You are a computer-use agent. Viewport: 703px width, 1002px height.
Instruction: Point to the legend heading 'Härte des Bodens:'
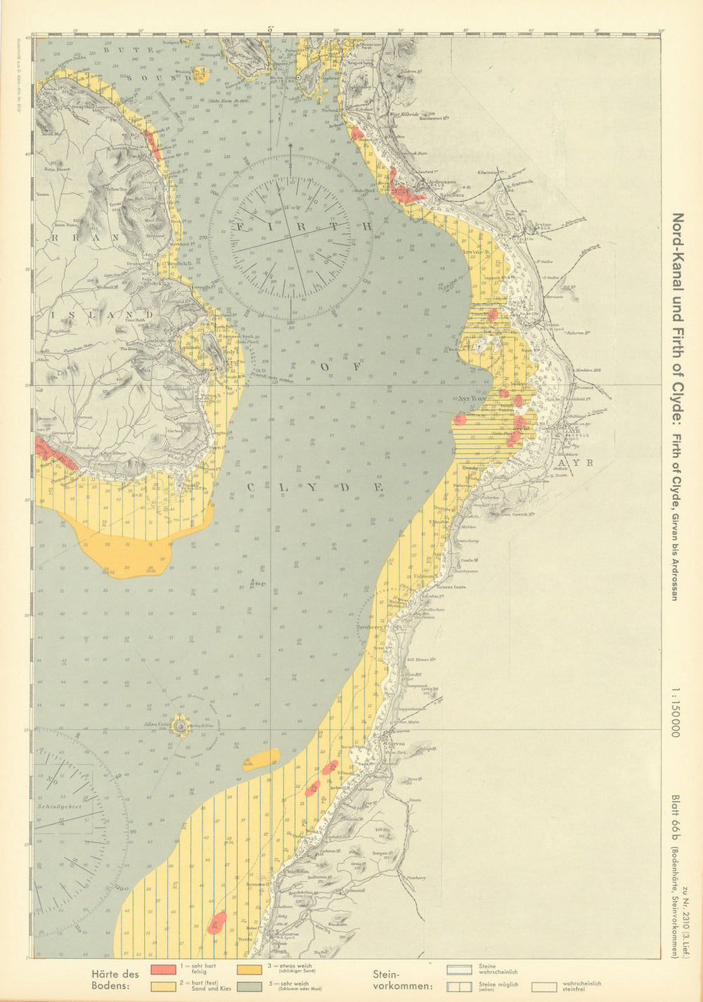[115, 979]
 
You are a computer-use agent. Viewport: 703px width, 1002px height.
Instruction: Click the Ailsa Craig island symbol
[181, 725]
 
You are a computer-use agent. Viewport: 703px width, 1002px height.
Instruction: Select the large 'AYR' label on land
[581, 462]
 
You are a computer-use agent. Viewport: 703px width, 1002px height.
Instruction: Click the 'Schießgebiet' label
[60, 806]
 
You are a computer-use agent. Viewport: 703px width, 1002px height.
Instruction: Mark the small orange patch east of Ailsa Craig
[261, 757]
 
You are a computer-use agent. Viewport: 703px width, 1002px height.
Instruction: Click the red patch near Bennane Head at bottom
[217, 921]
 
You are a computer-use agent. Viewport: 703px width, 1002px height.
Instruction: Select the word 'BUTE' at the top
[117, 51]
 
